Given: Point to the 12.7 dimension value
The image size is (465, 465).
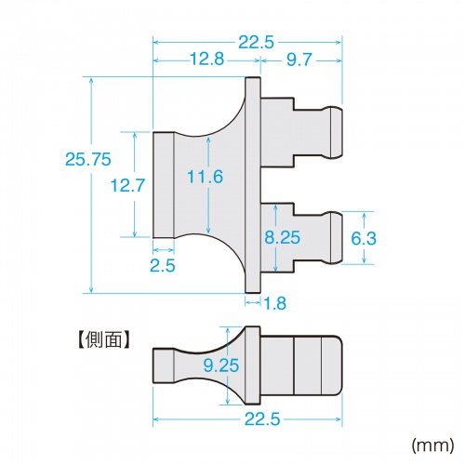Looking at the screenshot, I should [x=126, y=185].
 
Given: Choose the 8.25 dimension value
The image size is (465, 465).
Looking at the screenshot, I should [x=282, y=237].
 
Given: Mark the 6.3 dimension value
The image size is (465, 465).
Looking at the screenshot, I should [x=364, y=238].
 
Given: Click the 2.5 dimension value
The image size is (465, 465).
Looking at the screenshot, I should [x=163, y=267].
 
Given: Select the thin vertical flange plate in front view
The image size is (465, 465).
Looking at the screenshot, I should [x=252, y=185].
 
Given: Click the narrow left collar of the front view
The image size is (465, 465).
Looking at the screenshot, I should [x=164, y=185].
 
